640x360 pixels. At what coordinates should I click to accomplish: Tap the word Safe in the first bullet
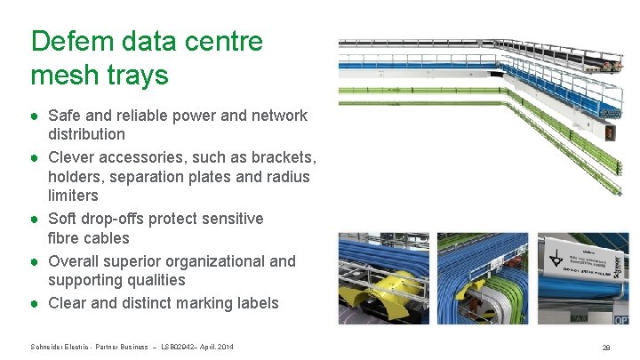tap(65, 116)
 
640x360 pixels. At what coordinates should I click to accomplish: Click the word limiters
tap(73, 196)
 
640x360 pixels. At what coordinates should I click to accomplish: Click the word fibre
tap(63, 238)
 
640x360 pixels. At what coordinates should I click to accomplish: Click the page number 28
tap(605, 348)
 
